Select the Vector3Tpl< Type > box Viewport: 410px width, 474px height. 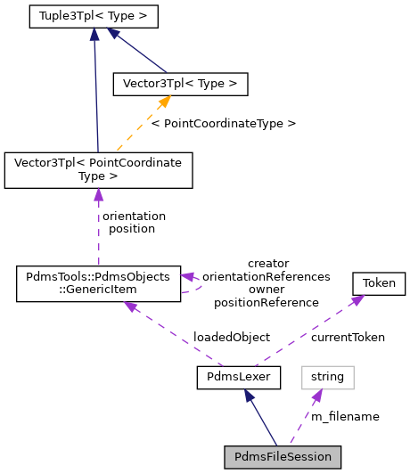[179, 84]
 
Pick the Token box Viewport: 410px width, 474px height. [379, 284]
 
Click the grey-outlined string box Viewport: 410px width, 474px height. [327, 377]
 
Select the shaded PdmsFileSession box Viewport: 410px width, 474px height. [282, 457]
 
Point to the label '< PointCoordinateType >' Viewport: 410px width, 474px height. [223, 122]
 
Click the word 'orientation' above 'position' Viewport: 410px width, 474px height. [135, 216]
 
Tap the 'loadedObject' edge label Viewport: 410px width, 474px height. [232, 338]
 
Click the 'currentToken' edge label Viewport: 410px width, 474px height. [348, 338]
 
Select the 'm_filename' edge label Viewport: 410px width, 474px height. [345, 415]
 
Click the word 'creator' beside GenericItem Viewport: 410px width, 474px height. [268, 263]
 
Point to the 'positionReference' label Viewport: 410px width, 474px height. [266, 302]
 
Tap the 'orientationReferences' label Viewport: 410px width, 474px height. [266, 276]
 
